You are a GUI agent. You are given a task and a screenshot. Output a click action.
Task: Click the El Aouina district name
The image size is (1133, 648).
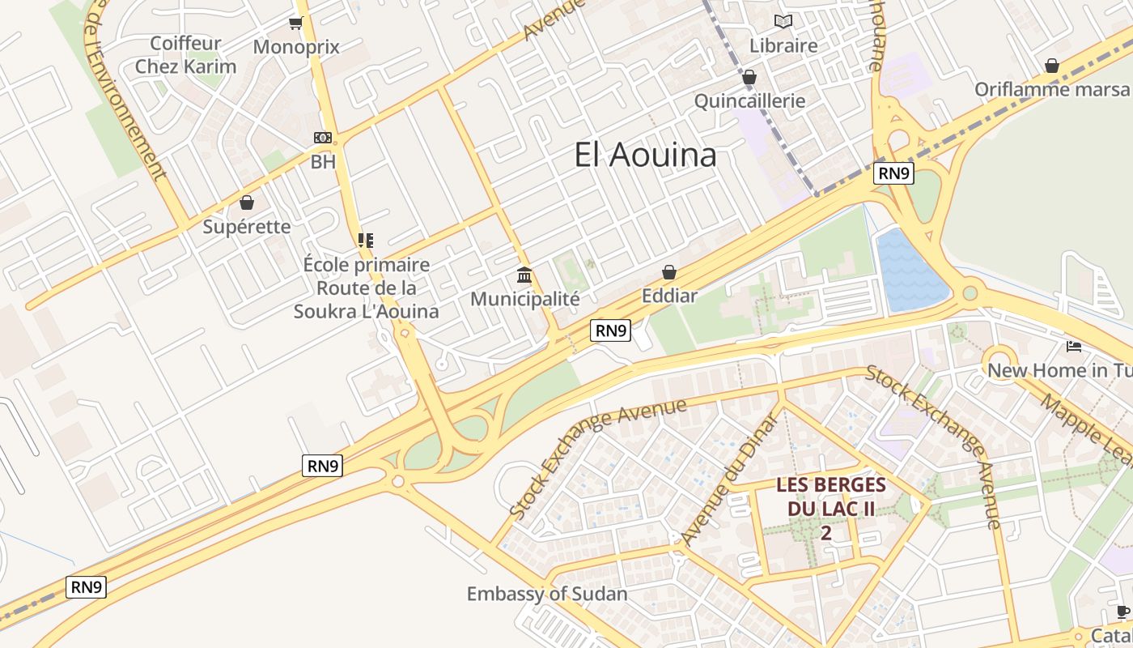[x=645, y=155]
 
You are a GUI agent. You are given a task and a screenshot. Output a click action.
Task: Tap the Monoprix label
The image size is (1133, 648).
[x=296, y=47]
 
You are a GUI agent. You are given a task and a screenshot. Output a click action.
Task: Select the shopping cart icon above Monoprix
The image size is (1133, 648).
[x=295, y=23]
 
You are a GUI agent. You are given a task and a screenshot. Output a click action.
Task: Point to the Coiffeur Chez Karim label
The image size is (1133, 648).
[x=185, y=55]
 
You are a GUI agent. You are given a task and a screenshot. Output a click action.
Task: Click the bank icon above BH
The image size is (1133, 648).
[x=323, y=138]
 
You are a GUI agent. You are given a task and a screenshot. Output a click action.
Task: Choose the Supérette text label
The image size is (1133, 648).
[x=246, y=226]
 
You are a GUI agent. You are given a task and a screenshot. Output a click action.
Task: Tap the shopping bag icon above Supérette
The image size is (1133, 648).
[x=246, y=202]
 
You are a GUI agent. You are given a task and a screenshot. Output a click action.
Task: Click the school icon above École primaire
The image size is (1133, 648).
[x=366, y=240]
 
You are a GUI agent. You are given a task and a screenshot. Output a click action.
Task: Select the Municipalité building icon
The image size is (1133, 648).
[x=524, y=275]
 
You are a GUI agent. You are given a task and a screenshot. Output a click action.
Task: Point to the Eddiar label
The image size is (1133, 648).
[x=669, y=296]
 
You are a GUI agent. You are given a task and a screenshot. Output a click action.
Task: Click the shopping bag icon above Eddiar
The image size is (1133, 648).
[x=669, y=272]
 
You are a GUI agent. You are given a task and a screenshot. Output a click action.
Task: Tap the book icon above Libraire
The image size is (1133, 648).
[x=783, y=22]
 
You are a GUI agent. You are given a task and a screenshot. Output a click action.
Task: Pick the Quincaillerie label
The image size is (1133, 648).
[x=750, y=100]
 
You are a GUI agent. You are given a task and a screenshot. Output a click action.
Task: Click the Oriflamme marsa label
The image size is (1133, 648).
[x=1051, y=89]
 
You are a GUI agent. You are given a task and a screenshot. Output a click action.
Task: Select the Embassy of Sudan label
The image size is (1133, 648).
[x=547, y=594]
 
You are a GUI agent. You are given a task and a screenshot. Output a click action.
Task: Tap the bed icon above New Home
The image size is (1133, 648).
[x=1074, y=347]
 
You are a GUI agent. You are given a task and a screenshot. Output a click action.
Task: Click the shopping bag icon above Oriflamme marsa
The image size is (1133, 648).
[x=1052, y=65]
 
